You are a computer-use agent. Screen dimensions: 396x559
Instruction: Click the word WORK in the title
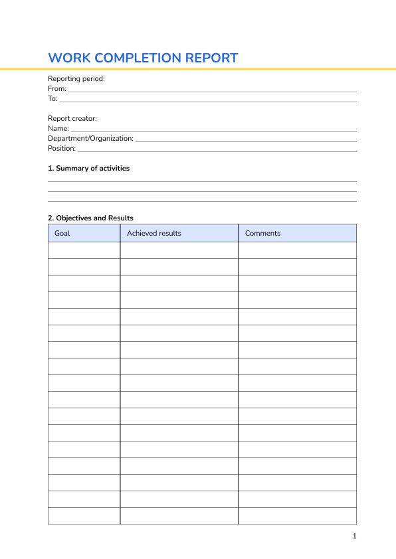coord(65,58)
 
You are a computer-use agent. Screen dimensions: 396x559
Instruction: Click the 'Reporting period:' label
coord(76,78)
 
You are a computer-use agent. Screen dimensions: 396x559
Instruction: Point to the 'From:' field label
coord(57,88)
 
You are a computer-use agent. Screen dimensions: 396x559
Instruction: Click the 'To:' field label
coord(52,98)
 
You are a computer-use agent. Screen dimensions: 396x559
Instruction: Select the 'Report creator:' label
coord(72,118)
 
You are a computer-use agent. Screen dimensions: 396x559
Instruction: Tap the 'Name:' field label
coord(58,128)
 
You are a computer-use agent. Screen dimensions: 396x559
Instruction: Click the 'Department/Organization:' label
coord(90,138)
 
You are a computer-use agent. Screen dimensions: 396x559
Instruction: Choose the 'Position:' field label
coord(62,148)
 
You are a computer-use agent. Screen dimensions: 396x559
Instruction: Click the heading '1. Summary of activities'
coord(89,168)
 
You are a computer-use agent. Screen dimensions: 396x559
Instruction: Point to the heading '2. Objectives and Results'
coord(90,218)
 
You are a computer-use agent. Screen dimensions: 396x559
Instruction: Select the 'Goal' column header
coord(62,233)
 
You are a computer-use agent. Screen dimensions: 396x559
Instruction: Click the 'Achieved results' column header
coord(153,233)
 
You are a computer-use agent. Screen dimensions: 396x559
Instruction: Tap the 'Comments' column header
coord(262,233)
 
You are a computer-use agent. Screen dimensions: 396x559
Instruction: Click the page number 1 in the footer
coord(355,536)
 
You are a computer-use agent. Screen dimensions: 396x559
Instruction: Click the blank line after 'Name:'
coord(213,130)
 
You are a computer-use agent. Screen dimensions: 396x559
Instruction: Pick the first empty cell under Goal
coord(84,250)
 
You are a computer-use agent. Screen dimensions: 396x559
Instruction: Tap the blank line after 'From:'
coord(213,90)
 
